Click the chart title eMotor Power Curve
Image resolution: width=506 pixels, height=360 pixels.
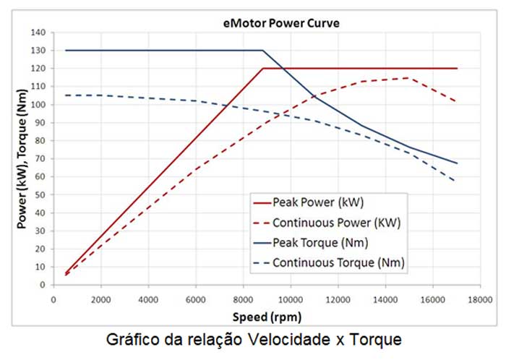coord(281,22)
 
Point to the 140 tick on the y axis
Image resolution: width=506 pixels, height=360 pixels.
coord(38,33)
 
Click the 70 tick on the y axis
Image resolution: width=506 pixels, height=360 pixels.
coord(40,158)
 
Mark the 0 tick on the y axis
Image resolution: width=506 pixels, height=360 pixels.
coord(43,285)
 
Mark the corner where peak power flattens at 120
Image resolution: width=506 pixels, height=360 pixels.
coord(262,69)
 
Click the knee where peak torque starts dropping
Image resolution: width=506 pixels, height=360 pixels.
coord(262,51)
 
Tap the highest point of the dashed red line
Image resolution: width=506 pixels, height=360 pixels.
coord(409,78)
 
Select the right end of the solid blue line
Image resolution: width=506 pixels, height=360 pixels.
coord(457,163)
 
